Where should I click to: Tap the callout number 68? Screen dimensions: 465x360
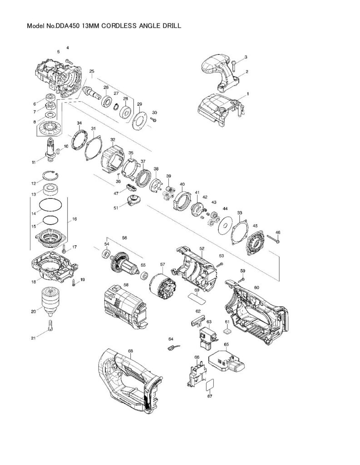[x=130, y=351]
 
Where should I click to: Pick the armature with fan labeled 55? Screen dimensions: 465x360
[x=125, y=263]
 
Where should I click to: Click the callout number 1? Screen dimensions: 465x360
[x=248, y=94]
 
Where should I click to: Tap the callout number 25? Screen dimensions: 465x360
[x=92, y=71]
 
